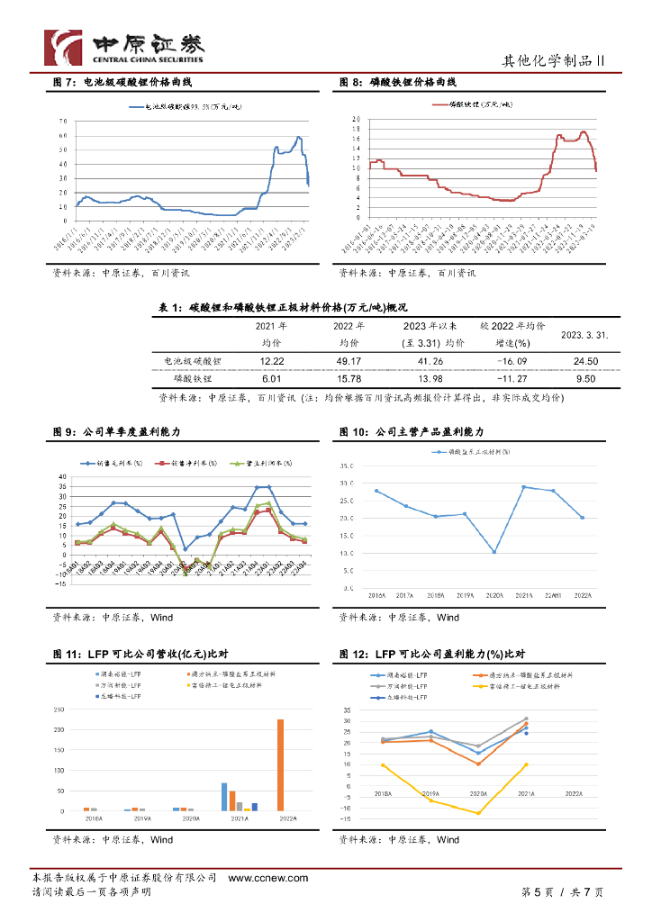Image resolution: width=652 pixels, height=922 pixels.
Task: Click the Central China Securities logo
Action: click(x=125, y=47)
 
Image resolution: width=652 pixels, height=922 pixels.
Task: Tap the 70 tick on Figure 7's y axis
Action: click(x=63, y=121)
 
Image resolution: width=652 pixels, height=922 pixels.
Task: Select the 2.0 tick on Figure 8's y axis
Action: click(x=356, y=119)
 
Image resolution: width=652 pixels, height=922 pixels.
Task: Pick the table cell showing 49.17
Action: click(x=349, y=360)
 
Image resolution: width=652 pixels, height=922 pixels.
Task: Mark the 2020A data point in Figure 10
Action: click(x=494, y=552)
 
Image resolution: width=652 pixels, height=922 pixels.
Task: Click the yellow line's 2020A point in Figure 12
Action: click(x=479, y=813)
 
